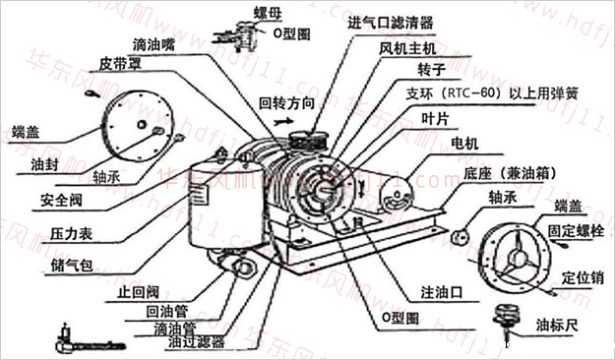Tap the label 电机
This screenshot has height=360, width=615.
tap(463, 145)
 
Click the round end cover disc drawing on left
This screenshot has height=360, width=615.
tap(137, 132)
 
